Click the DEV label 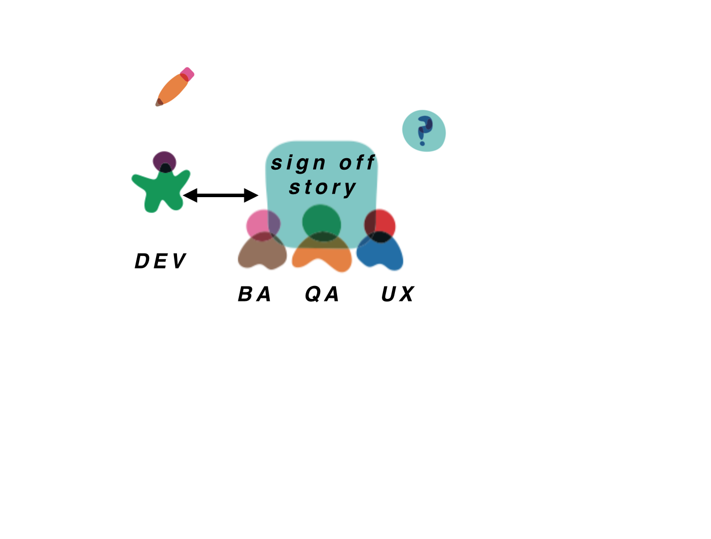click(x=161, y=261)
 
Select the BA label click(x=254, y=294)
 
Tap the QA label click(x=322, y=294)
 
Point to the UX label click(x=398, y=294)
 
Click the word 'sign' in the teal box click(x=298, y=163)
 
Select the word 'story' click(x=323, y=188)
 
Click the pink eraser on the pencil click(x=187, y=74)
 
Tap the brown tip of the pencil click(x=159, y=102)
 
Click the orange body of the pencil click(x=173, y=89)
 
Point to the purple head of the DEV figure click(x=165, y=161)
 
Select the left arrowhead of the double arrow click(x=190, y=196)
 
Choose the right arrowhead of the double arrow click(x=251, y=196)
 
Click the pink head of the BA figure click(x=263, y=225)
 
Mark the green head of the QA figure click(x=322, y=223)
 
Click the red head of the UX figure click(x=379, y=225)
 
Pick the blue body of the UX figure click(x=380, y=252)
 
